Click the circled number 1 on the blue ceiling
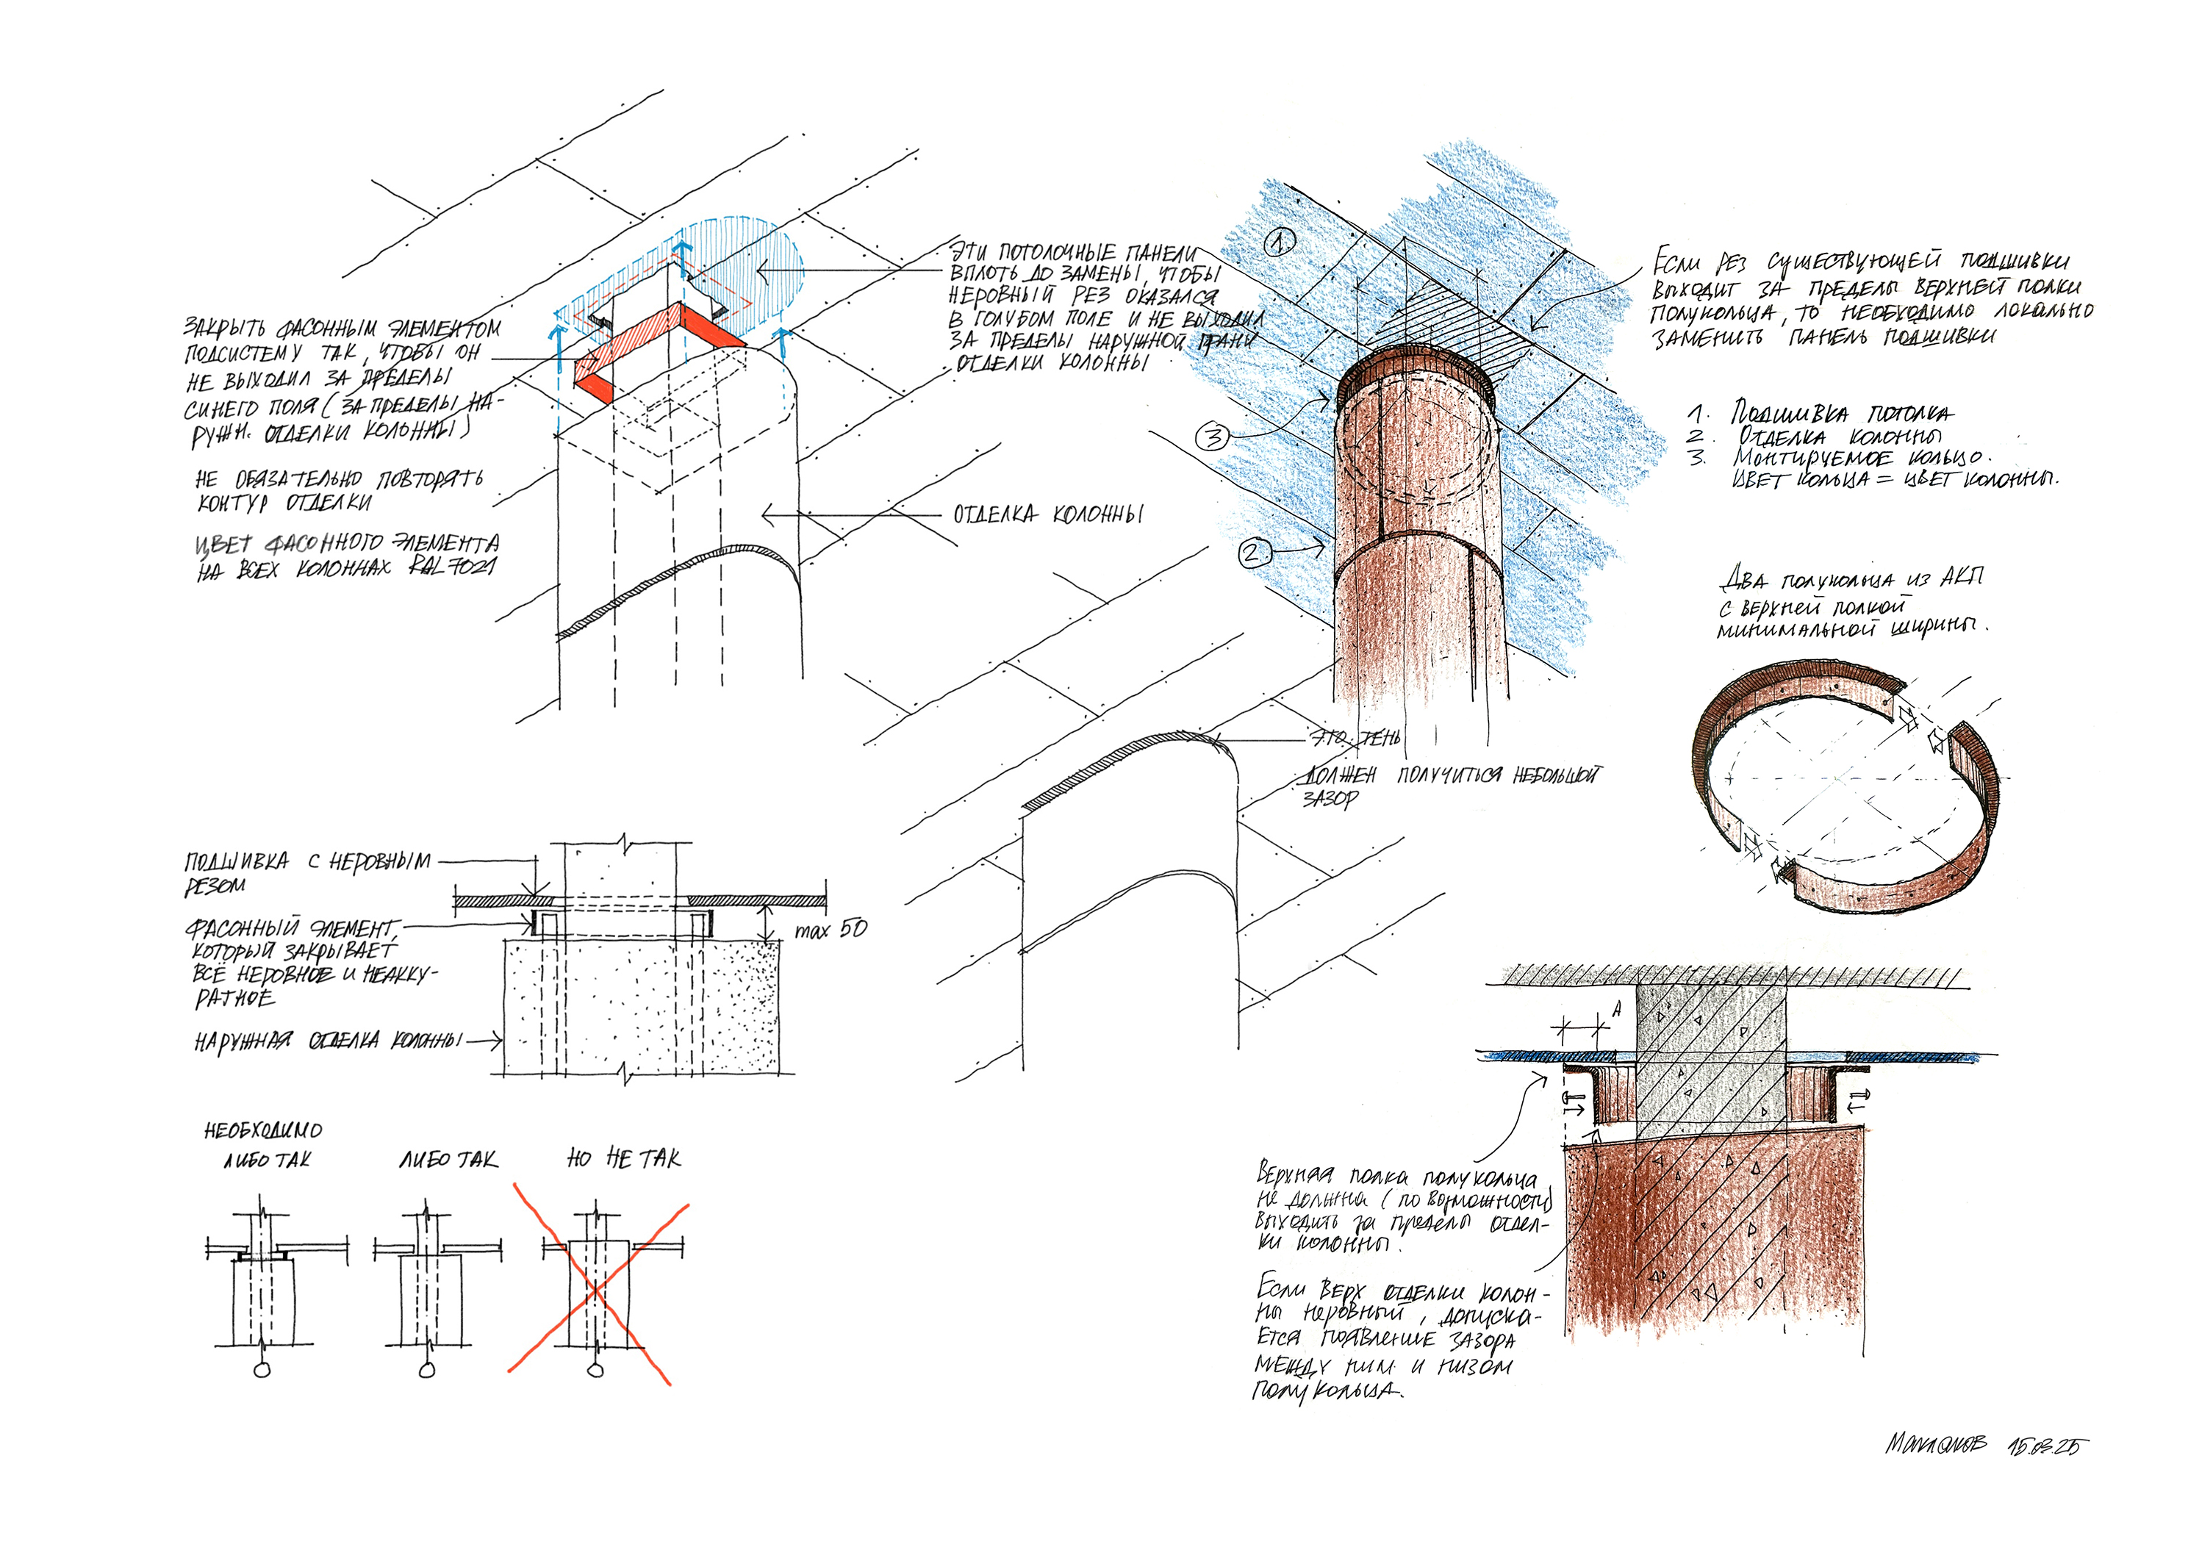click(1279, 244)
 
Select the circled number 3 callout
click(1212, 437)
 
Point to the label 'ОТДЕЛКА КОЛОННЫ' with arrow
click(1047, 514)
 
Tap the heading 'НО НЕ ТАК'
click(624, 1159)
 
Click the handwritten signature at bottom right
click(1937, 1444)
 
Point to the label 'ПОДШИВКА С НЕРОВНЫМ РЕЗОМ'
click(305, 871)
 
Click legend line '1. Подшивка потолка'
click(1821, 414)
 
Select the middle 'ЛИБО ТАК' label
click(448, 1160)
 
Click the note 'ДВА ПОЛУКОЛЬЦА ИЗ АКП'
click(1851, 580)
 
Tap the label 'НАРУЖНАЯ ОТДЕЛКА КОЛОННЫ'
click(329, 1041)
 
